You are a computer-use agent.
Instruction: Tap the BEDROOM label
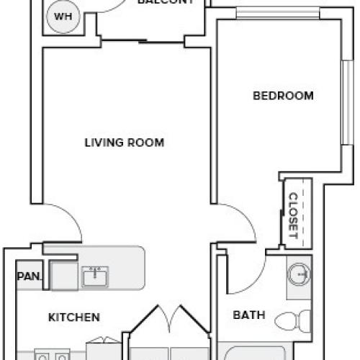coord(283,95)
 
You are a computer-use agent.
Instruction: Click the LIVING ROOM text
coord(125,143)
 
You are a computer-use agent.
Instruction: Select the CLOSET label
coord(293,215)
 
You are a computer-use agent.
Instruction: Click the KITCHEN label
coord(73,317)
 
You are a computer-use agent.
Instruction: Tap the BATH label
coord(249,315)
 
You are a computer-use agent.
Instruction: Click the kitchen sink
coord(95,275)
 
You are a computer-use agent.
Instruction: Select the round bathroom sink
coord(299,272)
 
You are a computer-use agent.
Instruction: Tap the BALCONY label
coord(165,2)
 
